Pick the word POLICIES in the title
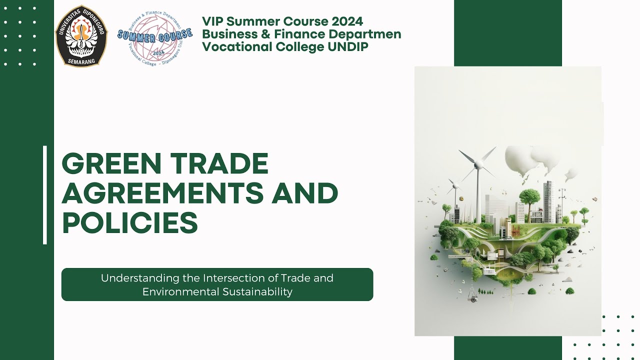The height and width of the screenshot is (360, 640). click(130, 223)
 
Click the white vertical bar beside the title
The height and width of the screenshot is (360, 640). click(45, 195)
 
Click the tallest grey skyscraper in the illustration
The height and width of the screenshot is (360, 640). click(548, 200)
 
